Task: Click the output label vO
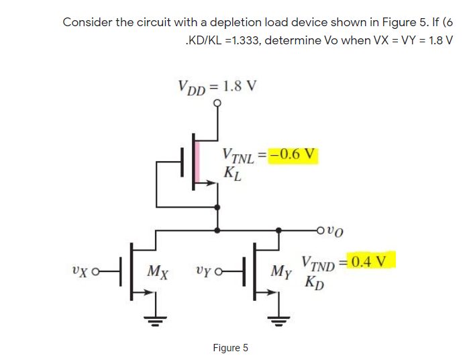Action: tap(336, 232)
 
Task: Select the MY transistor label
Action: tap(281, 272)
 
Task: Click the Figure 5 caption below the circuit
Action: tap(230, 347)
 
